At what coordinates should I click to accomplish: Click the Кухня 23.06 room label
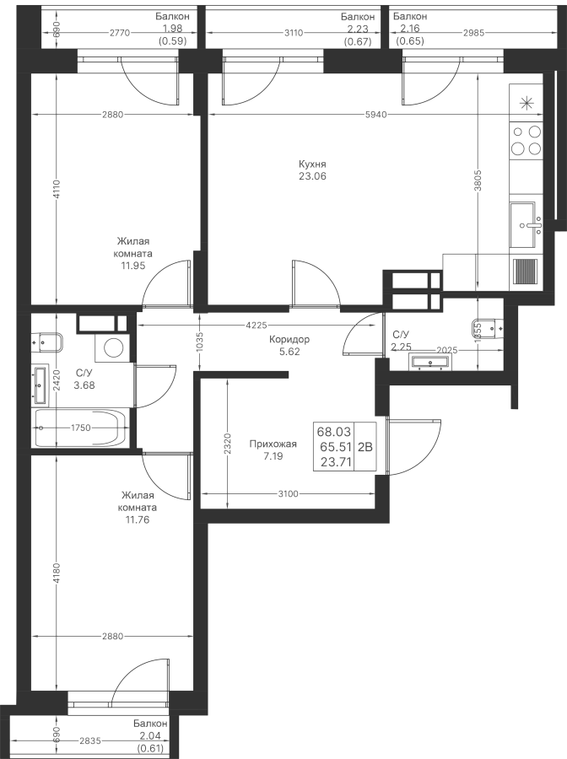point(311,170)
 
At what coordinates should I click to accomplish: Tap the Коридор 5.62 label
point(289,346)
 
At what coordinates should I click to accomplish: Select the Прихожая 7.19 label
point(273,450)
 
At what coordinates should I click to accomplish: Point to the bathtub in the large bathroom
point(81,428)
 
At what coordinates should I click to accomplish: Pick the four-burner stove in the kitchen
point(527,140)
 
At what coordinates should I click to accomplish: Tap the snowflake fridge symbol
point(527,104)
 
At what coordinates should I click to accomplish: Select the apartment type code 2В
point(365,448)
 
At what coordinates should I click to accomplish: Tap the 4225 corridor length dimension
point(257,325)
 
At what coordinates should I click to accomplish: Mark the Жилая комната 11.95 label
point(133,253)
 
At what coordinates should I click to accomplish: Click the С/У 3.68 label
point(84,379)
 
